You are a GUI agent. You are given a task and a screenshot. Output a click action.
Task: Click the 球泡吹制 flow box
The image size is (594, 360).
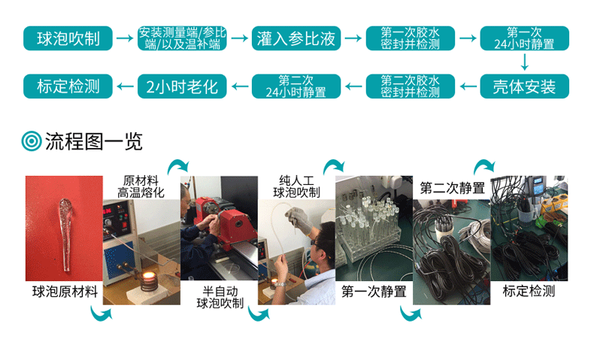click(68, 38)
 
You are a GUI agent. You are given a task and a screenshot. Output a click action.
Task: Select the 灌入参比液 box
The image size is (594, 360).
click(295, 38)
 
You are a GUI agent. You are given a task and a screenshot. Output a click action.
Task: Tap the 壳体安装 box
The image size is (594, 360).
click(524, 86)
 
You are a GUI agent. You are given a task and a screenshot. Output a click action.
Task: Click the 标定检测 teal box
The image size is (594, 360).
click(68, 86)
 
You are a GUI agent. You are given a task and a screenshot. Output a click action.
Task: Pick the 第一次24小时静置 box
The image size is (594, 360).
click(524, 38)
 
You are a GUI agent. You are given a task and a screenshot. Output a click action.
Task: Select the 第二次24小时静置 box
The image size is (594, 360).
click(295, 86)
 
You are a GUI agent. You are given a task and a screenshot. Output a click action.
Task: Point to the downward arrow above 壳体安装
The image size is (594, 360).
click(524, 62)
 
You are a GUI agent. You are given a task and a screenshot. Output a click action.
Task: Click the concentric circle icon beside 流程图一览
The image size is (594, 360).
click(31, 141)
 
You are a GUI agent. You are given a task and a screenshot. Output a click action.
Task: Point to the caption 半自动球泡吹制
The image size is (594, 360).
click(220, 297)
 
